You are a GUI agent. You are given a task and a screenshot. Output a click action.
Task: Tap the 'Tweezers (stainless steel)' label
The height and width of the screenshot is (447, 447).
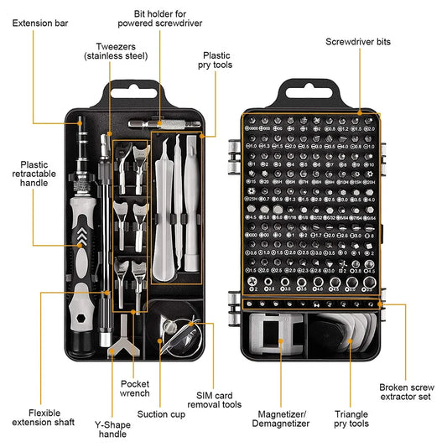116,50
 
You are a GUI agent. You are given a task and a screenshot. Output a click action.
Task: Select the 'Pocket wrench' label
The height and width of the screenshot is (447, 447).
134,388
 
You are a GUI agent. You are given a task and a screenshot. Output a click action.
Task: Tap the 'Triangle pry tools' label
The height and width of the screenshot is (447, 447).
351,418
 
